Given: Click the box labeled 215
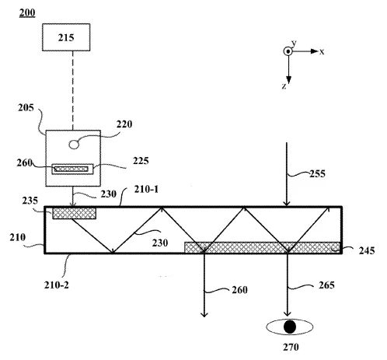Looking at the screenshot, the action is click(x=66, y=37).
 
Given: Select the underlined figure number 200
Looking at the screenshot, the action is click(x=27, y=12).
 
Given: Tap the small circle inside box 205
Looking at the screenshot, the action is click(x=74, y=145).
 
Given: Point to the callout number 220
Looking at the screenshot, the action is click(x=124, y=124).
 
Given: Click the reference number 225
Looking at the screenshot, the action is click(x=141, y=161).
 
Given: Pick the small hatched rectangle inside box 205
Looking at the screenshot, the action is click(x=71, y=170).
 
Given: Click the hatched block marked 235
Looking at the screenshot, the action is click(x=74, y=213).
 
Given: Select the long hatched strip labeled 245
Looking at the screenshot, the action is click(x=262, y=247).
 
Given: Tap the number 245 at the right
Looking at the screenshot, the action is click(x=367, y=250).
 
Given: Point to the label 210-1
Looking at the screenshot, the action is click(x=146, y=189).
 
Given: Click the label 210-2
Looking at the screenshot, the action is click(x=57, y=285).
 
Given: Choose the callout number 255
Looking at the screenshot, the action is click(x=317, y=173).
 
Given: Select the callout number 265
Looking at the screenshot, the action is click(x=326, y=285).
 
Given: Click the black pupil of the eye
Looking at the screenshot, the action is click(x=290, y=327).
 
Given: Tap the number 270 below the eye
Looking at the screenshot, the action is click(x=291, y=347).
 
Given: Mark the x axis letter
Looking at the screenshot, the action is click(x=322, y=51).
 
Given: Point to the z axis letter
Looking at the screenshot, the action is click(x=284, y=86).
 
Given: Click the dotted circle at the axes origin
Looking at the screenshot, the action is click(x=288, y=51).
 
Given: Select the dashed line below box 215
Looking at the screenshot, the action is click(x=73, y=90).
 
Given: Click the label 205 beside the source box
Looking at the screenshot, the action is click(x=26, y=107).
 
